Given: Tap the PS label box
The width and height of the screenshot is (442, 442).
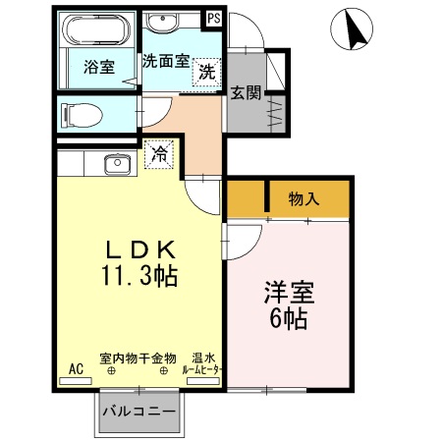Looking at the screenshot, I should (213, 17).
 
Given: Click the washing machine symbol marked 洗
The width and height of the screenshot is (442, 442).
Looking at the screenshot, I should (206, 71).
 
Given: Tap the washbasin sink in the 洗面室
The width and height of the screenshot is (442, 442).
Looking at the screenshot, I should (161, 24).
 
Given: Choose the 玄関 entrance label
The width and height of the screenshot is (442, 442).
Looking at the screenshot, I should (246, 93).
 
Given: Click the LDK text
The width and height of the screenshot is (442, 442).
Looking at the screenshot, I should (140, 249).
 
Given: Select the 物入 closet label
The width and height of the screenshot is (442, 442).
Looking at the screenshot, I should (304, 198).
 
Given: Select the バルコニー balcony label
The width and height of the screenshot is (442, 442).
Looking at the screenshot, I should (139, 410).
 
